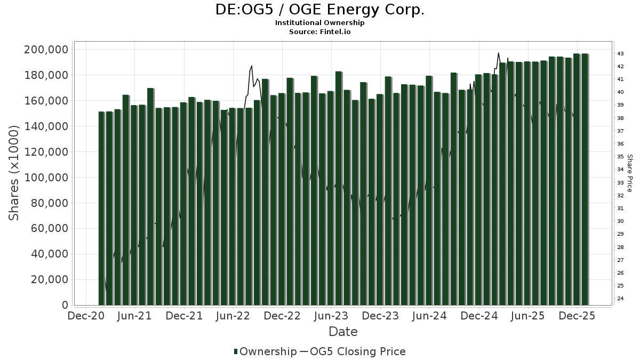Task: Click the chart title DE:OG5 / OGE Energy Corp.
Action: (320, 10)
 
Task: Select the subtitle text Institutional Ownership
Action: (320, 23)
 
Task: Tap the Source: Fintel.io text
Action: (320, 31)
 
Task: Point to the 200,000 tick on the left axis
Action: (48, 50)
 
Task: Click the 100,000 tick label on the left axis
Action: (48, 178)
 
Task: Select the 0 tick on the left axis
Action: (65, 306)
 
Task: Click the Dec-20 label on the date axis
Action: (86, 316)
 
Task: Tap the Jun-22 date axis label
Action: (233, 316)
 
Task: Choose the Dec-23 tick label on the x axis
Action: (381, 316)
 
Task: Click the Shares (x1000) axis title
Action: (14, 173)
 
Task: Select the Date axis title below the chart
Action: (343, 332)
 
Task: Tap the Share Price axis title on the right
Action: (629, 173)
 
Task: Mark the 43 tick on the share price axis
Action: (621, 54)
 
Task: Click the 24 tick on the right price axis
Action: (621, 299)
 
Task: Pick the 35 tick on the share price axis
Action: (621, 157)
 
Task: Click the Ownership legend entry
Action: (265, 351)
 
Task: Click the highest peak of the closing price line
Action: (498, 53)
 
